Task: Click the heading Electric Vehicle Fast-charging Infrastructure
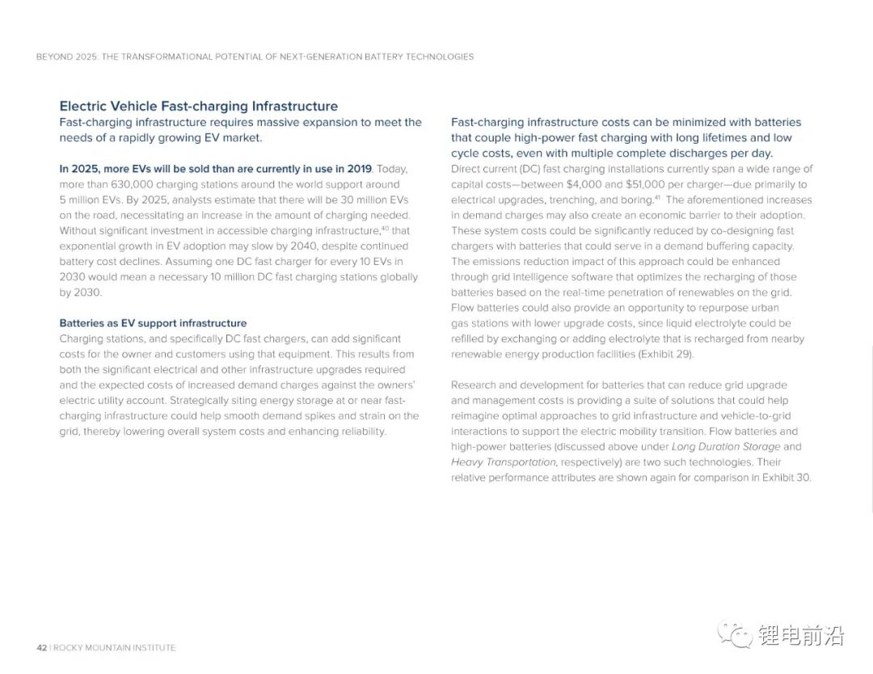click(x=198, y=106)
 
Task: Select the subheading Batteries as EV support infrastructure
click(x=153, y=323)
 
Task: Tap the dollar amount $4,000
click(x=589, y=184)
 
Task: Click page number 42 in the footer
click(x=41, y=647)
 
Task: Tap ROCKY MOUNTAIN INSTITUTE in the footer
click(x=114, y=647)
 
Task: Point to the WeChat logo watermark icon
click(x=735, y=635)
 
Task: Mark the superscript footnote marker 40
click(x=385, y=228)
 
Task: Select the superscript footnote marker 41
click(x=658, y=197)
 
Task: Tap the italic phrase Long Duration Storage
click(x=726, y=446)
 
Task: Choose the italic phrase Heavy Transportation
click(x=503, y=461)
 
